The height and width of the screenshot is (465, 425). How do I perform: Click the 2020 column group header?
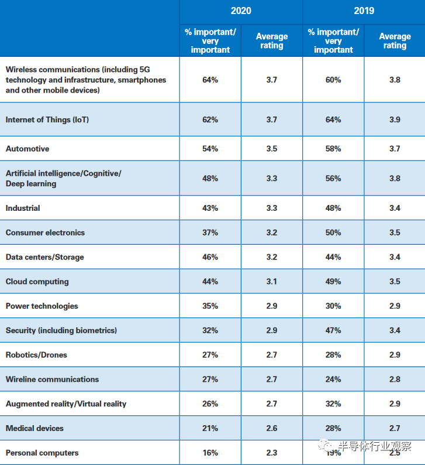click(241, 11)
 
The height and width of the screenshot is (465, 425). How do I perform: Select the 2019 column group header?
click(364, 11)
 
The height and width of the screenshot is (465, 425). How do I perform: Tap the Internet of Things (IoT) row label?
click(47, 119)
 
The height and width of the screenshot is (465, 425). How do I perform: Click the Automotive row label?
click(27, 149)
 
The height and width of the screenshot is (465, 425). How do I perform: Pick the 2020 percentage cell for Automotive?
click(210, 149)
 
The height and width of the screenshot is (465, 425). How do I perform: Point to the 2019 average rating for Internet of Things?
click(395, 119)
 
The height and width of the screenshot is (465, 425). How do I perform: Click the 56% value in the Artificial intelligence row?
click(333, 178)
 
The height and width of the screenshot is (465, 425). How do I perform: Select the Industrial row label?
click(23, 208)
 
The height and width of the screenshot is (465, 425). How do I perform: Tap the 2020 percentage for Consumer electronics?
click(210, 232)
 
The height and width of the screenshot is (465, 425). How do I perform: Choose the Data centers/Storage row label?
click(44, 257)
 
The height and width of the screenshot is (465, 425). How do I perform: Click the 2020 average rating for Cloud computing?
click(271, 282)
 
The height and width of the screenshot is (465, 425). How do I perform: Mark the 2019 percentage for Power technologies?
click(333, 306)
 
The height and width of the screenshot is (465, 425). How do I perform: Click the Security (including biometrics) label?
click(61, 330)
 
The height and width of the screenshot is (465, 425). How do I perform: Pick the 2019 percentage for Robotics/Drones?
click(333, 355)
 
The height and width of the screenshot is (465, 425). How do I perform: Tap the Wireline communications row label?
click(52, 379)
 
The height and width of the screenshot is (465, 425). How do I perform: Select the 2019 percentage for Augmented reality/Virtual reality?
click(333, 404)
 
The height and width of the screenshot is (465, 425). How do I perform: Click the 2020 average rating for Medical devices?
click(271, 428)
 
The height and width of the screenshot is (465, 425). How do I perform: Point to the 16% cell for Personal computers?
click(210, 453)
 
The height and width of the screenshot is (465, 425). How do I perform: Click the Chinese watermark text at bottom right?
click(375, 446)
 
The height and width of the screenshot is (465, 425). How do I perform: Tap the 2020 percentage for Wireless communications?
click(210, 80)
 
